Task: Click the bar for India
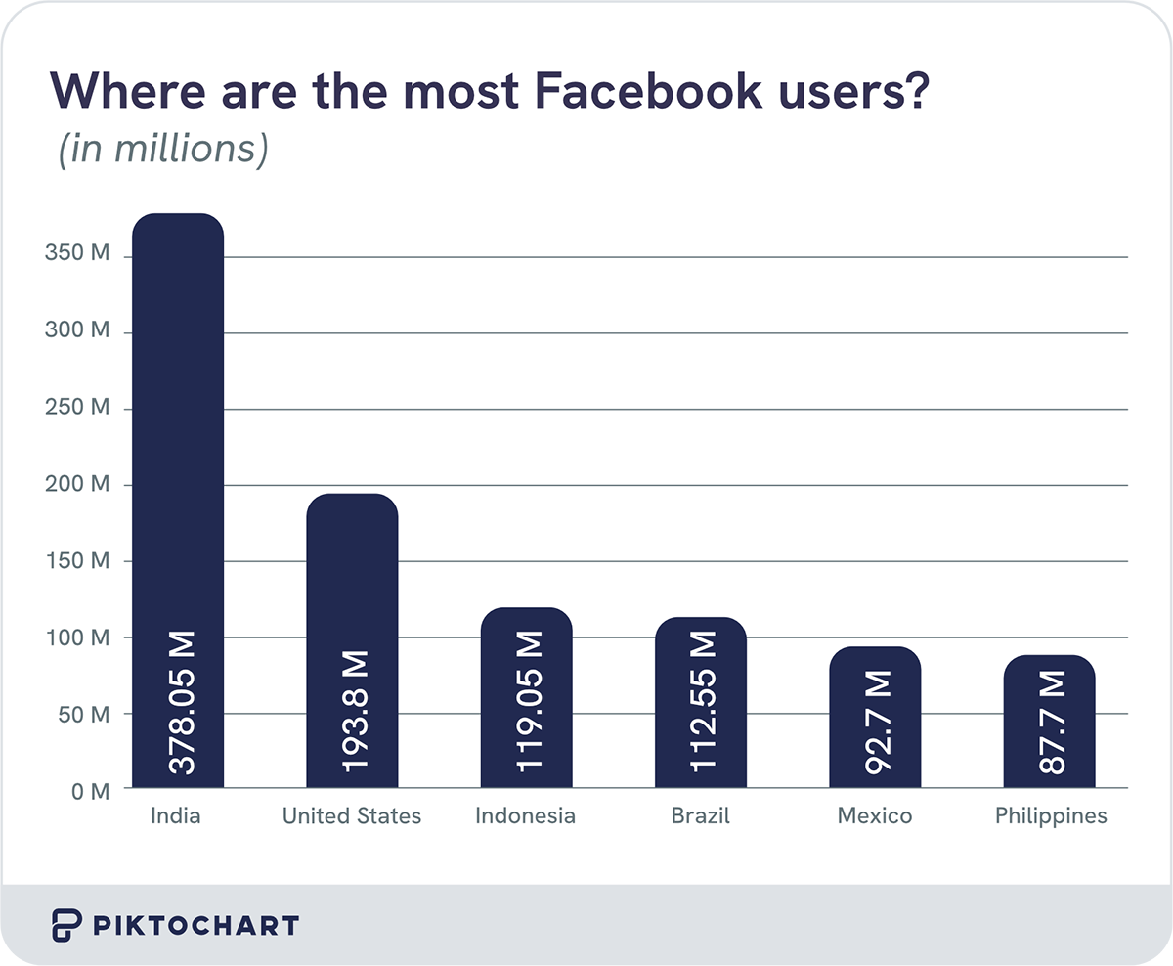tap(177, 440)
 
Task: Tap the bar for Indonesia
tap(526, 626)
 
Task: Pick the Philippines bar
tap(1049, 675)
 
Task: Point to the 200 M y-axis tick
tap(76, 484)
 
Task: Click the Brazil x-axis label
tap(700, 815)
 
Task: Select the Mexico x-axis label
tap(874, 815)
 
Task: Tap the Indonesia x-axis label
tap(525, 815)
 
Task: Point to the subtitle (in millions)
tap(162, 149)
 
